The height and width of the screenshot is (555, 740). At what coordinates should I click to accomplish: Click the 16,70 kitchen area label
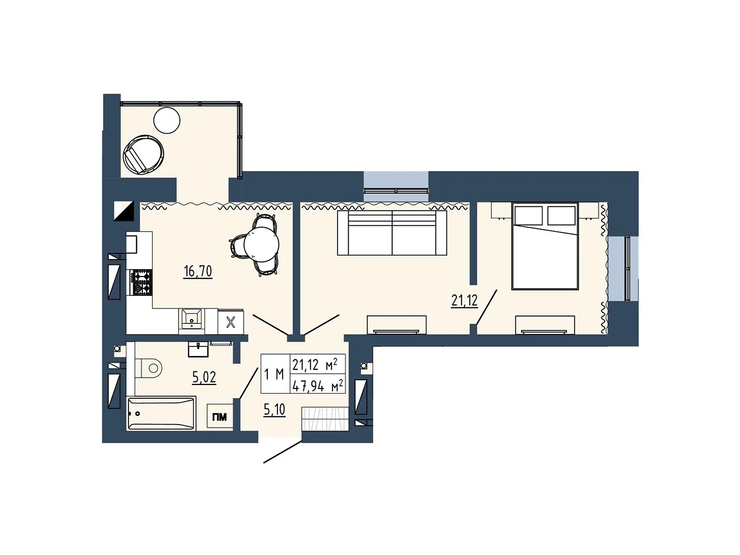coord(197,271)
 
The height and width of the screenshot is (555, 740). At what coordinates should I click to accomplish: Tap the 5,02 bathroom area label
coord(204,377)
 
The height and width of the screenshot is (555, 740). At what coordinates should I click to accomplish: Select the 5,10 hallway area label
coord(274,409)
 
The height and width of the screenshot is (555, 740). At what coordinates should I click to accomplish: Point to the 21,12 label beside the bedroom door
coord(464,301)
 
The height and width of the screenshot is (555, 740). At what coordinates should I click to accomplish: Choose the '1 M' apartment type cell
coord(274,374)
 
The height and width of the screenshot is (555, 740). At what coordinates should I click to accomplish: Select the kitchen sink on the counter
coord(191,319)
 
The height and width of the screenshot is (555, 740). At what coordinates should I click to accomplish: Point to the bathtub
coord(160,413)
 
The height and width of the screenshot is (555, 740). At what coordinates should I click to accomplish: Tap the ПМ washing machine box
coord(220,417)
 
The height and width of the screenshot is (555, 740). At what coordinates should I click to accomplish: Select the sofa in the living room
coord(392,233)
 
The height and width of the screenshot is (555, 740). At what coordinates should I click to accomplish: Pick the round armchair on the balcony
coord(142,154)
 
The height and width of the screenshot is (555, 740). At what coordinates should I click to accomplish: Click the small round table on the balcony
coord(166,120)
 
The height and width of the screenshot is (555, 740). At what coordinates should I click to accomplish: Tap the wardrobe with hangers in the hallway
coord(325,419)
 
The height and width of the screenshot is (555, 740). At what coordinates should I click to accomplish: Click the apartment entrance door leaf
coord(283,452)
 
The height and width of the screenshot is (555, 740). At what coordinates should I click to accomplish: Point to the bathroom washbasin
coord(198,349)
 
